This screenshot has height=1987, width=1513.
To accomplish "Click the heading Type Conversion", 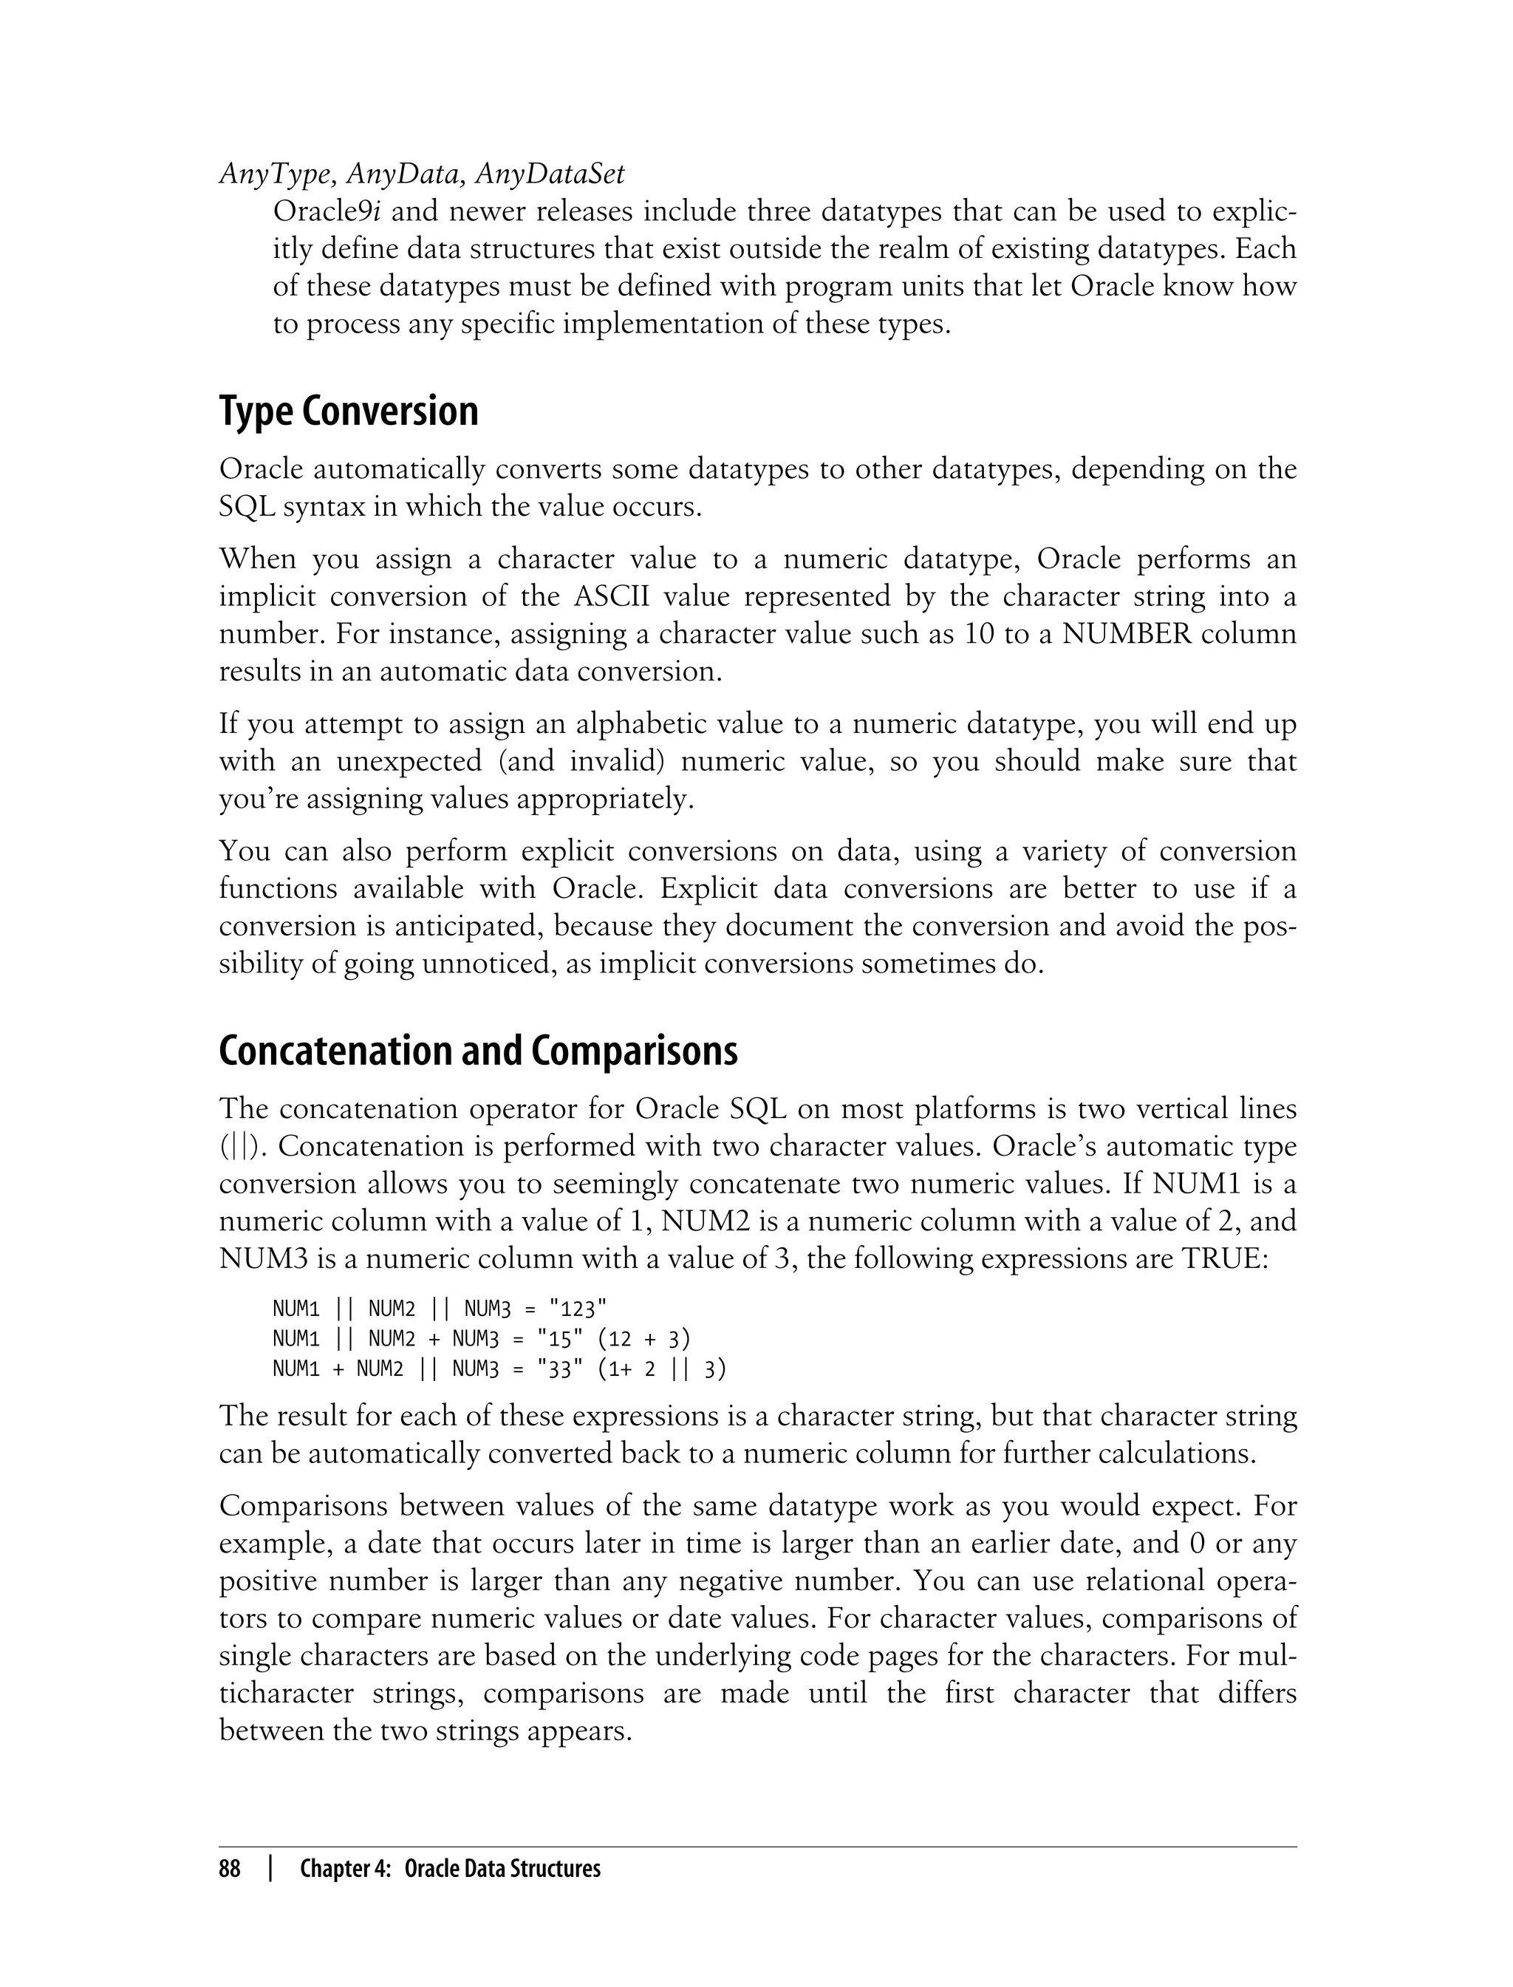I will pyautogui.click(x=349, y=412).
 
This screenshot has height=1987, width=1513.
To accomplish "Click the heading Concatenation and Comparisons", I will pyautogui.click(x=477, y=1052).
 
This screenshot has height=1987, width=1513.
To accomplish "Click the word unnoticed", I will pyautogui.click(x=476, y=964).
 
